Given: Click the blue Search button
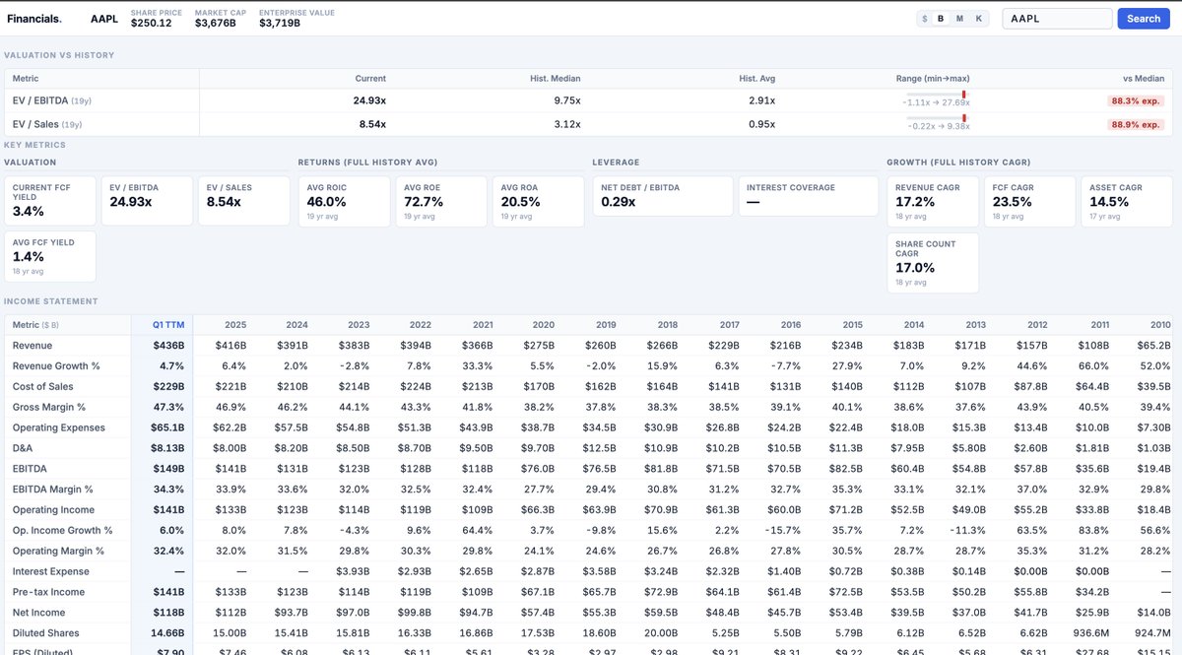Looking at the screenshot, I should pyautogui.click(x=1143, y=19).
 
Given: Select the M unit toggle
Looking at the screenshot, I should pyautogui.click(x=959, y=19).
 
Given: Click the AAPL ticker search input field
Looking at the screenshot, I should pyautogui.click(x=1056, y=19).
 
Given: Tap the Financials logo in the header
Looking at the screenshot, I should pyautogui.click(x=34, y=19).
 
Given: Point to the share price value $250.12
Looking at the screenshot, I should pyautogui.click(x=151, y=24).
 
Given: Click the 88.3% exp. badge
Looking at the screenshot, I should pyautogui.click(x=1137, y=100).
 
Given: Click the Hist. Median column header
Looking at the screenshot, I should pyautogui.click(x=557, y=79).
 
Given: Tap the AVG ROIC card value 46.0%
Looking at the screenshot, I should pyautogui.click(x=326, y=202).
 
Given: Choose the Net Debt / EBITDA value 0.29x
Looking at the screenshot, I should pyautogui.click(x=619, y=202).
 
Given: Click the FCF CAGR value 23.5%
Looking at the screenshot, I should pyautogui.click(x=1014, y=202).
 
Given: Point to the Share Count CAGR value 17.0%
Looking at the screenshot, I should pyautogui.click(x=915, y=268).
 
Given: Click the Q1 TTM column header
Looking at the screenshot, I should pyautogui.click(x=167, y=325).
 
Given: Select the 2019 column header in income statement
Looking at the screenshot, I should pyautogui.click(x=605, y=325).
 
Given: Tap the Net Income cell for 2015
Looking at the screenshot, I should pyautogui.click(x=846, y=613).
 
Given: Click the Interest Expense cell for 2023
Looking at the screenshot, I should pyautogui.click(x=352, y=571).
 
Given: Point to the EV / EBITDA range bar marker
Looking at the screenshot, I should pyautogui.click(x=963, y=95).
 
